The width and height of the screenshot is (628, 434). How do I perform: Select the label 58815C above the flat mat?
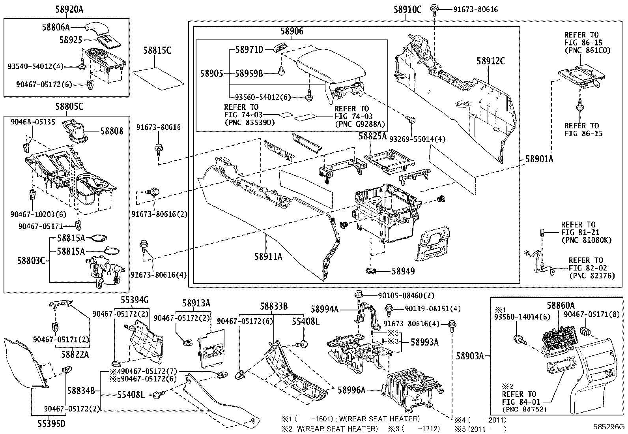(157, 51)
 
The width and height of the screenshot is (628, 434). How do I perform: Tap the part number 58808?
(112, 131)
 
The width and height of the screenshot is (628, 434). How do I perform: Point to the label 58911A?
(268, 257)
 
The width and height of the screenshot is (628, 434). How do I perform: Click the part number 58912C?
(490, 61)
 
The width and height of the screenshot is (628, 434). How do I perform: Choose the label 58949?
(403, 271)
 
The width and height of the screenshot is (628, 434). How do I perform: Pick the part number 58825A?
(372, 137)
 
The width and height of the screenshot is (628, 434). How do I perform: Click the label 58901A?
(539, 159)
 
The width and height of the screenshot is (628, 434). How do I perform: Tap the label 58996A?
(351, 390)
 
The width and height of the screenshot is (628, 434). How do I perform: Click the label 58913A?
(196, 303)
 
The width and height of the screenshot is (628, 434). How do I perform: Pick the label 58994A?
(325, 309)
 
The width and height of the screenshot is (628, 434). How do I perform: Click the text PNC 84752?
(525, 410)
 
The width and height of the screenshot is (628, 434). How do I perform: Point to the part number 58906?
(292, 31)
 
